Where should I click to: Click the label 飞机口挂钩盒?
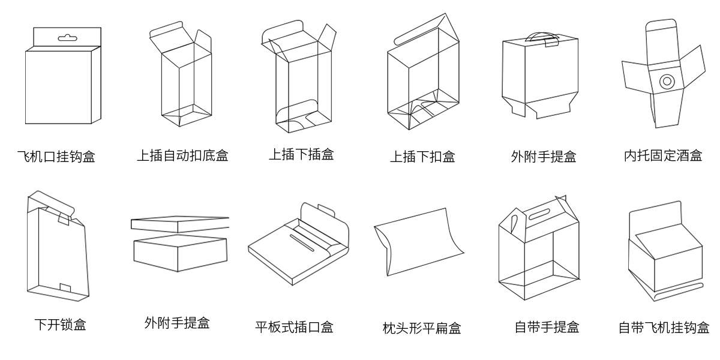[x=56, y=157]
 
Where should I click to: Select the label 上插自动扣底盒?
[x=182, y=156]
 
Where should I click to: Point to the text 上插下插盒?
[x=301, y=155]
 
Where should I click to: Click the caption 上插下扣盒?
[x=422, y=157]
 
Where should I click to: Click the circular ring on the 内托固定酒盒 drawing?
[x=667, y=80]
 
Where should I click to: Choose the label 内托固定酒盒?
[x=663, y=156]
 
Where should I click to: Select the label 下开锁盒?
[x=59, y=325]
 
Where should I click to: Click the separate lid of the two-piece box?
[x=180, y=223]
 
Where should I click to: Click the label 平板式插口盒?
[x=294, y=327]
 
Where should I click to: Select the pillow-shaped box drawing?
[x=418, y=241]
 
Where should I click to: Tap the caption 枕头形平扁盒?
[x=422, y=328]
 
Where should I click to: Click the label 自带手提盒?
[x=547, y=327]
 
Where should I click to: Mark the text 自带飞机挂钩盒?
[x=664, y=328]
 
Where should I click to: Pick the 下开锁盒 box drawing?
[x=57, y=249]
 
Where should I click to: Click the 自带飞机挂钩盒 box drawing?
[x=665, y=252]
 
